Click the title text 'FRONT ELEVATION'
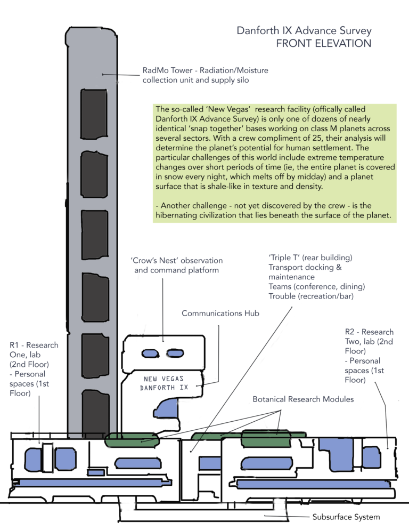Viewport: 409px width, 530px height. point(323,44)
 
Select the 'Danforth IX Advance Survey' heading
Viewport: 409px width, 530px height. point(304,31)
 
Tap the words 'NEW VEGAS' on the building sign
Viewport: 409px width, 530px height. point(163,379)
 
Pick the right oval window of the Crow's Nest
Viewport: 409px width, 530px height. point(174,353)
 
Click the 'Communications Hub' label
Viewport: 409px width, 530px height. point(220,314)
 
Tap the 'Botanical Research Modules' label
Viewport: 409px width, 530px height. point(302,399)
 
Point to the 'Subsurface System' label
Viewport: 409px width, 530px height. point(346,517)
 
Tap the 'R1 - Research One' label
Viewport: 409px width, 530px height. point(34,350)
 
